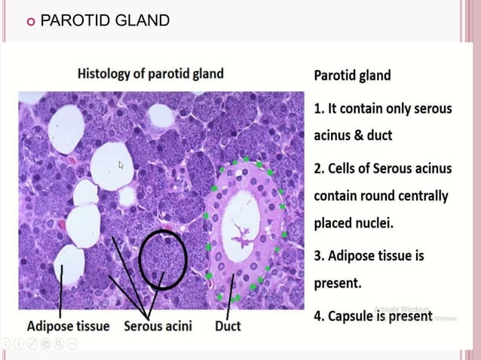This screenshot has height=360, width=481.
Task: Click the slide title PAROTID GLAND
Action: click(x=105, y=20)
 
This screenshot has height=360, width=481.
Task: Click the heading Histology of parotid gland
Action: click(x=151, y=74)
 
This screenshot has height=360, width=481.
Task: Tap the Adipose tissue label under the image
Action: click(x=69, y=326)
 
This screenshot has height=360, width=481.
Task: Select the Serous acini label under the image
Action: click(x=158, y=326)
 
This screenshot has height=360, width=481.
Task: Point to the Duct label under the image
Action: click(x=228, y=326)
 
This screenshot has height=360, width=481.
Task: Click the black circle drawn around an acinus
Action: click(x=161, y=258)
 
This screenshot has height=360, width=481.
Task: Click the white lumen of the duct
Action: click(x=241, y=218)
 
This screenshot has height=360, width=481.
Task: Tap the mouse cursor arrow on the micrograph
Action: click(x=121, y=165)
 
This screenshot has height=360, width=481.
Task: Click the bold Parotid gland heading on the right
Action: click(x=352, y=75)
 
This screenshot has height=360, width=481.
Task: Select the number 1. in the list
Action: click(x=319, y=108)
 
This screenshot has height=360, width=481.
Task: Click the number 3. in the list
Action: click(x=319, y=256)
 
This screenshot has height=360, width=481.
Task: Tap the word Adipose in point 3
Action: click(x=354, y=256)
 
